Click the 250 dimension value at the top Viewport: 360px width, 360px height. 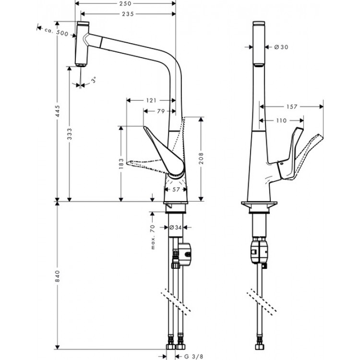pos(126,4)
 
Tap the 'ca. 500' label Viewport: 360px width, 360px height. pos(55,32)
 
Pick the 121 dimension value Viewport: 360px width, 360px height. pos(151,100)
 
